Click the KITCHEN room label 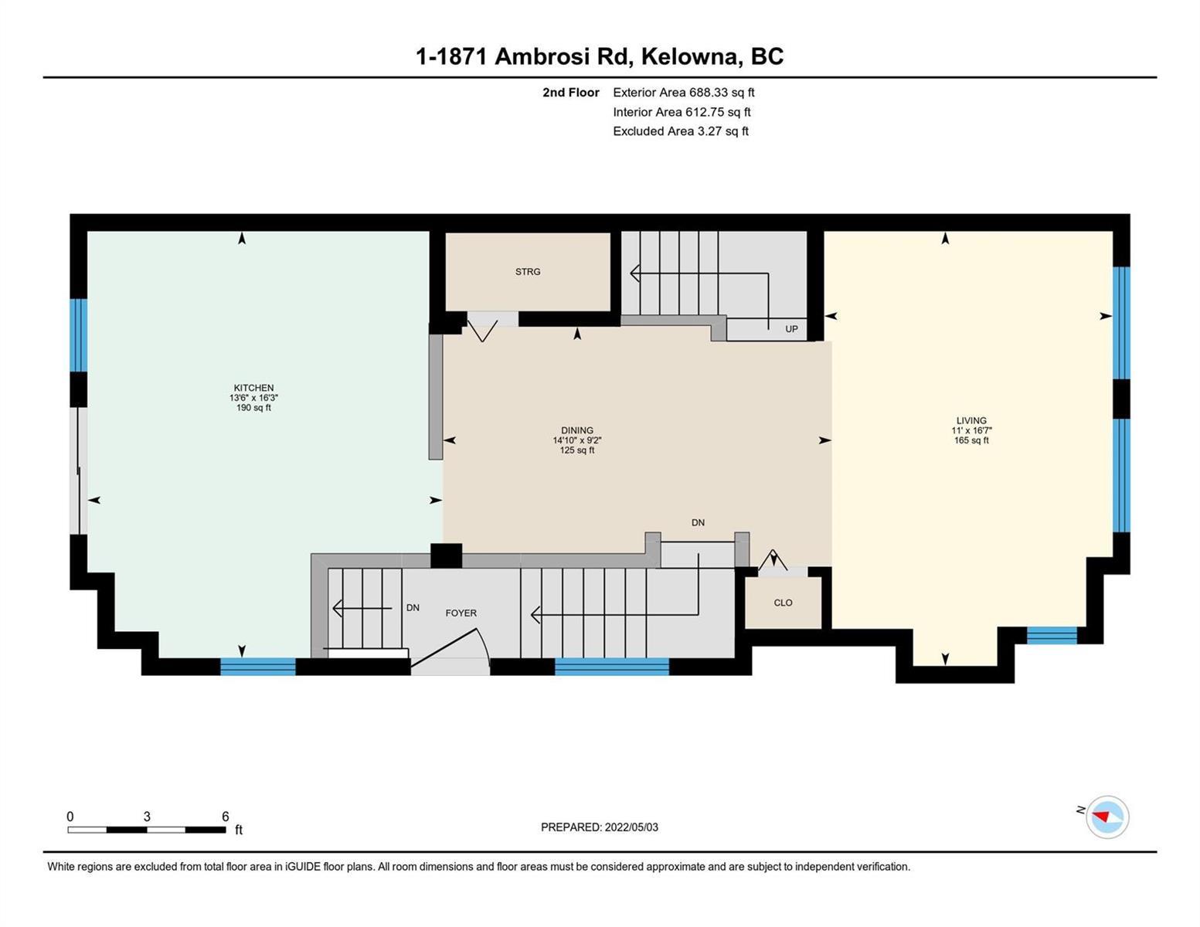click(x=253, y=388)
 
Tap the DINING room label click(x=577, y=430)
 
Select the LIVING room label click(x=971, y=420)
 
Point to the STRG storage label click(x=528, y=272)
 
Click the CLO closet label click(x=783, y=603)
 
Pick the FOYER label click(x=461, y=613)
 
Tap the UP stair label click(x=791, y=329)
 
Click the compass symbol click(x=1107, y=817)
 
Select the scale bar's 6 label click(x=226, y=816)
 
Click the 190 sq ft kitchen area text click(x=253, y=408)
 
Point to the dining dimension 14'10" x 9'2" click(x=577, y=440)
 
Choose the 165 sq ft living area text click(x=971, y=440)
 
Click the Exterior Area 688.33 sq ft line click(x=684, y=92)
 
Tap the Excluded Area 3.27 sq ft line click(x=681, y=131)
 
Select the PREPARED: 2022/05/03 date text click(x=600, y=827)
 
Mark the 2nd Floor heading click(x=570, y=92)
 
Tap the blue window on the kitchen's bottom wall click(x=258, y=667)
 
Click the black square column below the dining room click(x=446, y=556)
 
